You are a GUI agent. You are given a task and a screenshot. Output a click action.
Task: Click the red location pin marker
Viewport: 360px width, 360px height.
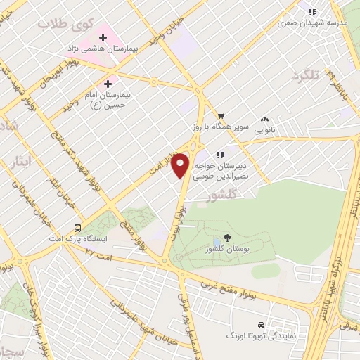(181, 165)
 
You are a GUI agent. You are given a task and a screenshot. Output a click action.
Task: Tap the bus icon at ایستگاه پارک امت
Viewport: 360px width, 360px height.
(77, 229)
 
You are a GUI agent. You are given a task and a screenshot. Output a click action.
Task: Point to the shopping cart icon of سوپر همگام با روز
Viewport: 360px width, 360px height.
(220, 117)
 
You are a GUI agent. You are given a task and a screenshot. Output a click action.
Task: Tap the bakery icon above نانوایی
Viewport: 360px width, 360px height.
(264, 120)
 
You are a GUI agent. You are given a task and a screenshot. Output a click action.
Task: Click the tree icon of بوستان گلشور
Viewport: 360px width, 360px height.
(227, 238)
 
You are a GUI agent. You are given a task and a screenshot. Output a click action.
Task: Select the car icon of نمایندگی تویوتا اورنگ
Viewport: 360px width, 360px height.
(261, 326)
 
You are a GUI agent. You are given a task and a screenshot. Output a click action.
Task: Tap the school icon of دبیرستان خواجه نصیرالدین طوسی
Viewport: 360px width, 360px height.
(220, 154)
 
